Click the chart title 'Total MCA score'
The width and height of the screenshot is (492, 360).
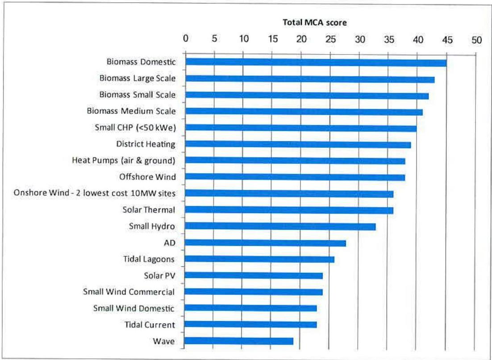tap(315, 22)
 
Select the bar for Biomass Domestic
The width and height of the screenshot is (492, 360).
tap(316, 63)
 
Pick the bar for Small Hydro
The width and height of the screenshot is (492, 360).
tap(280, 226)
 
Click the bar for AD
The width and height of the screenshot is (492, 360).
tap(265, 243)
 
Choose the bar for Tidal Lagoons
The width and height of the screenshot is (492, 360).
tap(259, 260)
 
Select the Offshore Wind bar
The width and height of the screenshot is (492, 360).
tap(295, 177)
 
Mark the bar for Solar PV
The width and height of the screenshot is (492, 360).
tap(254, 276)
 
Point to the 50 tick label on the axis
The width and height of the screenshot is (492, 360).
tap(476, 40)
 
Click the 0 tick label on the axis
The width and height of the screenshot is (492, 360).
tap(185, 40)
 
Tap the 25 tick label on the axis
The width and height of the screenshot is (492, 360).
tap(331, 40)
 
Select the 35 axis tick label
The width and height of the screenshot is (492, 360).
tap(389, 40)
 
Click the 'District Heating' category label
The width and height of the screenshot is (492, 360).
tap(146, 144)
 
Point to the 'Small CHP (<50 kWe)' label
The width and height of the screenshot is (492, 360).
tap(135, 127)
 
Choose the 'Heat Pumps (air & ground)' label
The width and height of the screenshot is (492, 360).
tap(124, 160)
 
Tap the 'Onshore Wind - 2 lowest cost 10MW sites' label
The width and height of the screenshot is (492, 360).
tap(95, 193)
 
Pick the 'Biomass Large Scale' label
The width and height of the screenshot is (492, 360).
tap(137, 78)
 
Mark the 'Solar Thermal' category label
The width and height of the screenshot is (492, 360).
tap(149, 209)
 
